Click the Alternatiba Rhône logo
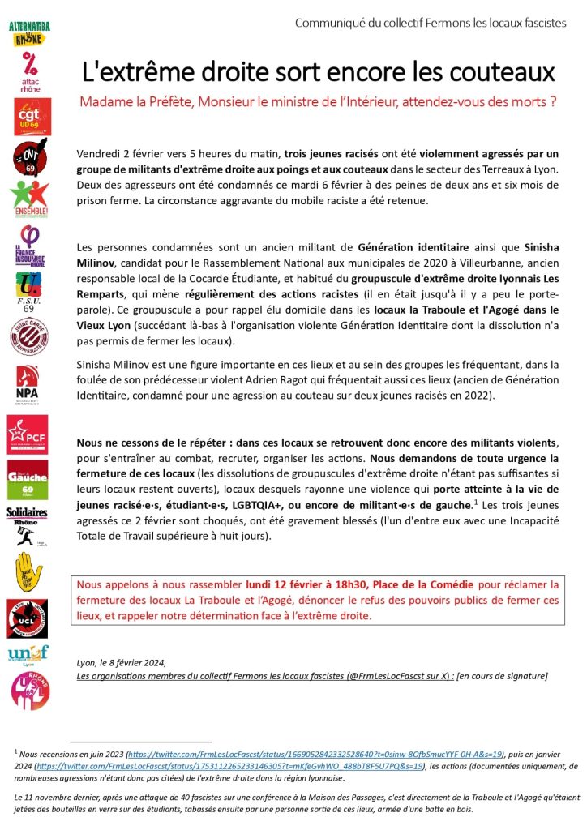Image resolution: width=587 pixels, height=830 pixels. point(29,33)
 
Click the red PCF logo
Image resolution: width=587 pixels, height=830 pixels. point(28,434)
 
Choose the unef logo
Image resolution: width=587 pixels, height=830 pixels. point(28,654)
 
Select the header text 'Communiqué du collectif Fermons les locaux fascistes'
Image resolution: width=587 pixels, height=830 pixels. point(431,23)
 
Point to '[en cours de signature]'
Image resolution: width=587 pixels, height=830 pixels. point(503,675)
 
